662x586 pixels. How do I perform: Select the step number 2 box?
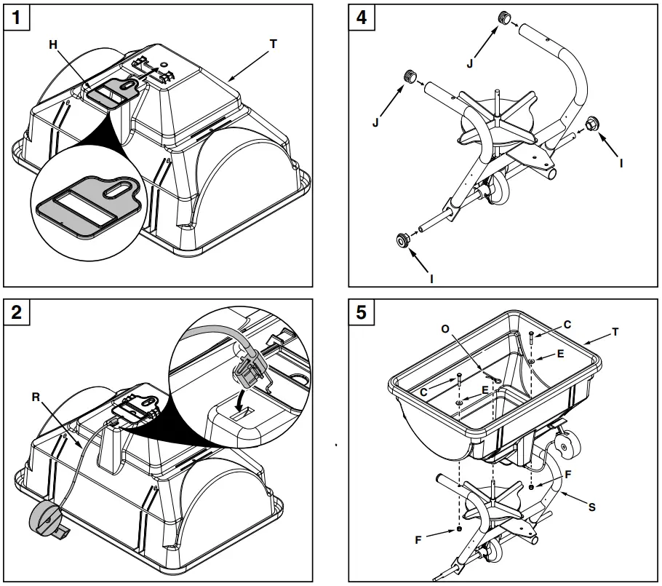(17, 312)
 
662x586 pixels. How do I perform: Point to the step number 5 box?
(362, 312)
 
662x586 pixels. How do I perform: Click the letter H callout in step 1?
(52, 45)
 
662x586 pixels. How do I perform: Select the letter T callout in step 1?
(273, 44)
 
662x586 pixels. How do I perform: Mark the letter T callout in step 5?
(615, 331)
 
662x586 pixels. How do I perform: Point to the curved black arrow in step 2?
(241, 399)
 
